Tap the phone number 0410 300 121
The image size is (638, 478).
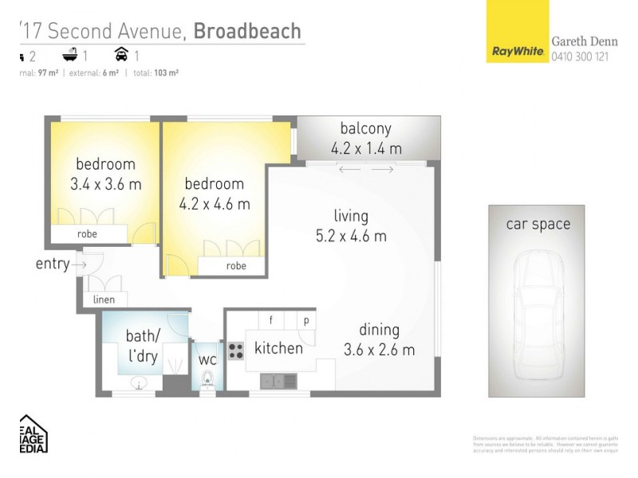(580, 57)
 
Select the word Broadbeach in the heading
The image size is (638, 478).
(247, 30)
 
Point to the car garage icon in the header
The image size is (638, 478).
(122, 55)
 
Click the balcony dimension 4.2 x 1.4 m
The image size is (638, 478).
(366, 148)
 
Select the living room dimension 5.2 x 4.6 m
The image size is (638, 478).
(351, 236)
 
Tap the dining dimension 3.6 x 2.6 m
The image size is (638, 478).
(379, 350)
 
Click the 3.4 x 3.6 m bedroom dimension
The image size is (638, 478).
(105, 184)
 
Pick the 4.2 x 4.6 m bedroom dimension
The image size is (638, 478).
(214, 204)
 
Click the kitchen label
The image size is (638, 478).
(278, 348)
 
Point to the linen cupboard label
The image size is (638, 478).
(104, 300)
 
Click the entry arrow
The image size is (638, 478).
(81, 264)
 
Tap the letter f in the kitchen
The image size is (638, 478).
(271, 320)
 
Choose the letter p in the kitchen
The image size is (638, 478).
(305, 320)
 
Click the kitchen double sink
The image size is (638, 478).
(278, 380)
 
